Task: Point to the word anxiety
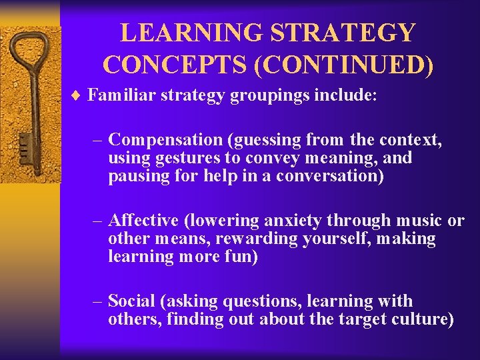(293, 221)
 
